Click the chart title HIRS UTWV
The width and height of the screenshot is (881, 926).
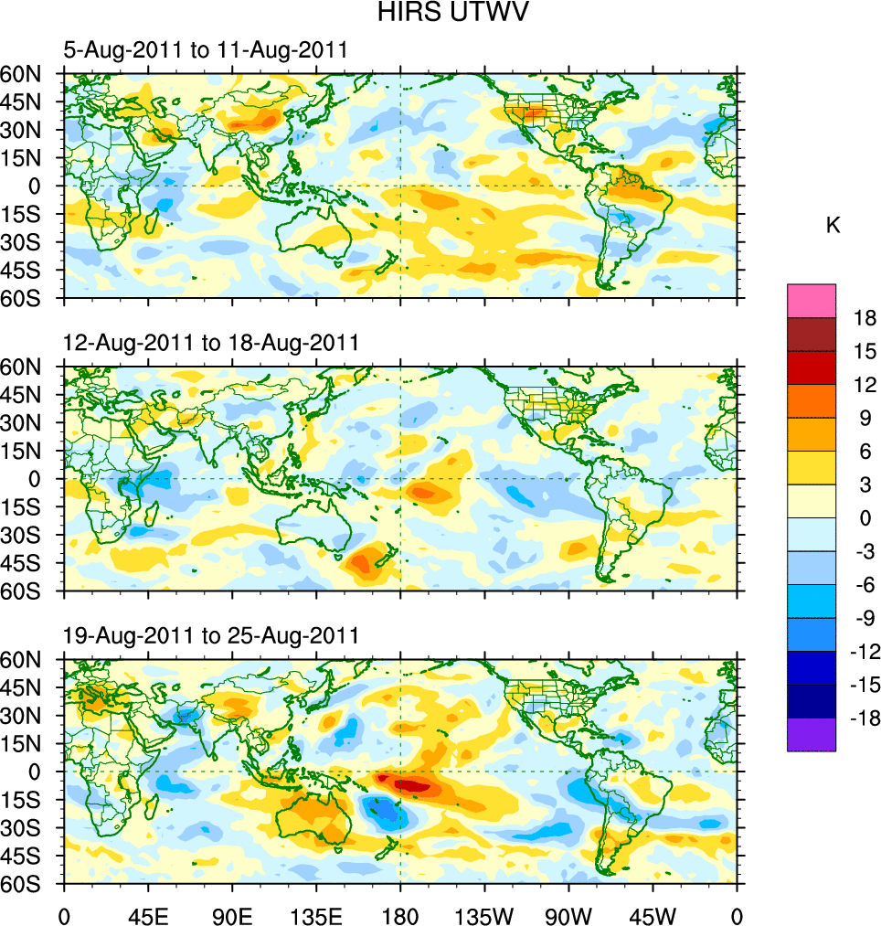tap(440, 13)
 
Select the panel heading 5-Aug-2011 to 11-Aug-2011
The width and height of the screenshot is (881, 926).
tap(205, 50)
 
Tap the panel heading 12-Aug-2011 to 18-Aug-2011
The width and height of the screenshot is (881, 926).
tap(210, 343)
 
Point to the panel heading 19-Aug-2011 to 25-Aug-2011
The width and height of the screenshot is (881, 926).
tap(210, 635)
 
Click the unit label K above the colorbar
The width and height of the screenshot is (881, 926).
tap(833, 226)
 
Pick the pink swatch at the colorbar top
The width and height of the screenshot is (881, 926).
tap(812, 301)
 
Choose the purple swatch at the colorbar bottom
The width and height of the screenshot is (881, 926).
tap(812, 735)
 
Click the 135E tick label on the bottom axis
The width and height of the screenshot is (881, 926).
tap(316, 914)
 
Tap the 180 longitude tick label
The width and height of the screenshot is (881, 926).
tap(400, 914)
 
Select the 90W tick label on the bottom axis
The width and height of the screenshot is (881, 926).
tap(568, 914)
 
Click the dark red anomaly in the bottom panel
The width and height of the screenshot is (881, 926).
tap(409, 783)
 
